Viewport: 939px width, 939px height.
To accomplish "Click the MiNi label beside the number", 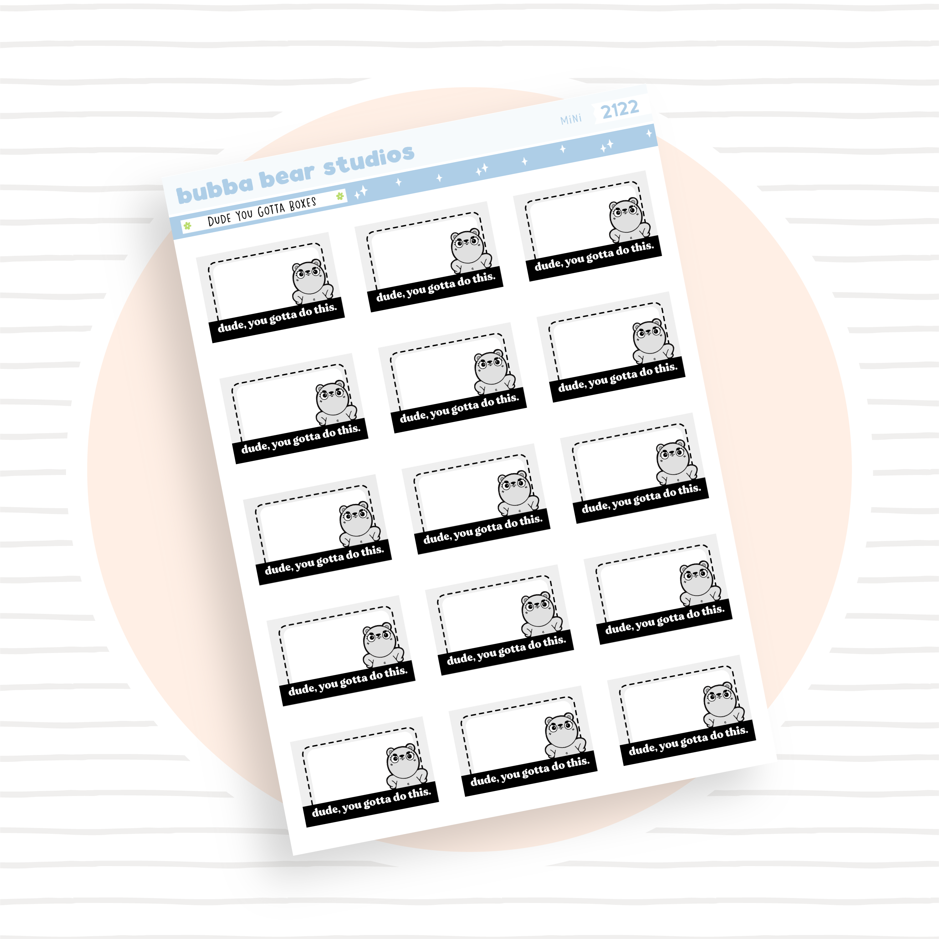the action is tap(571, 119).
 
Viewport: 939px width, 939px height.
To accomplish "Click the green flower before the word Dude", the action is tap(187, 226).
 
